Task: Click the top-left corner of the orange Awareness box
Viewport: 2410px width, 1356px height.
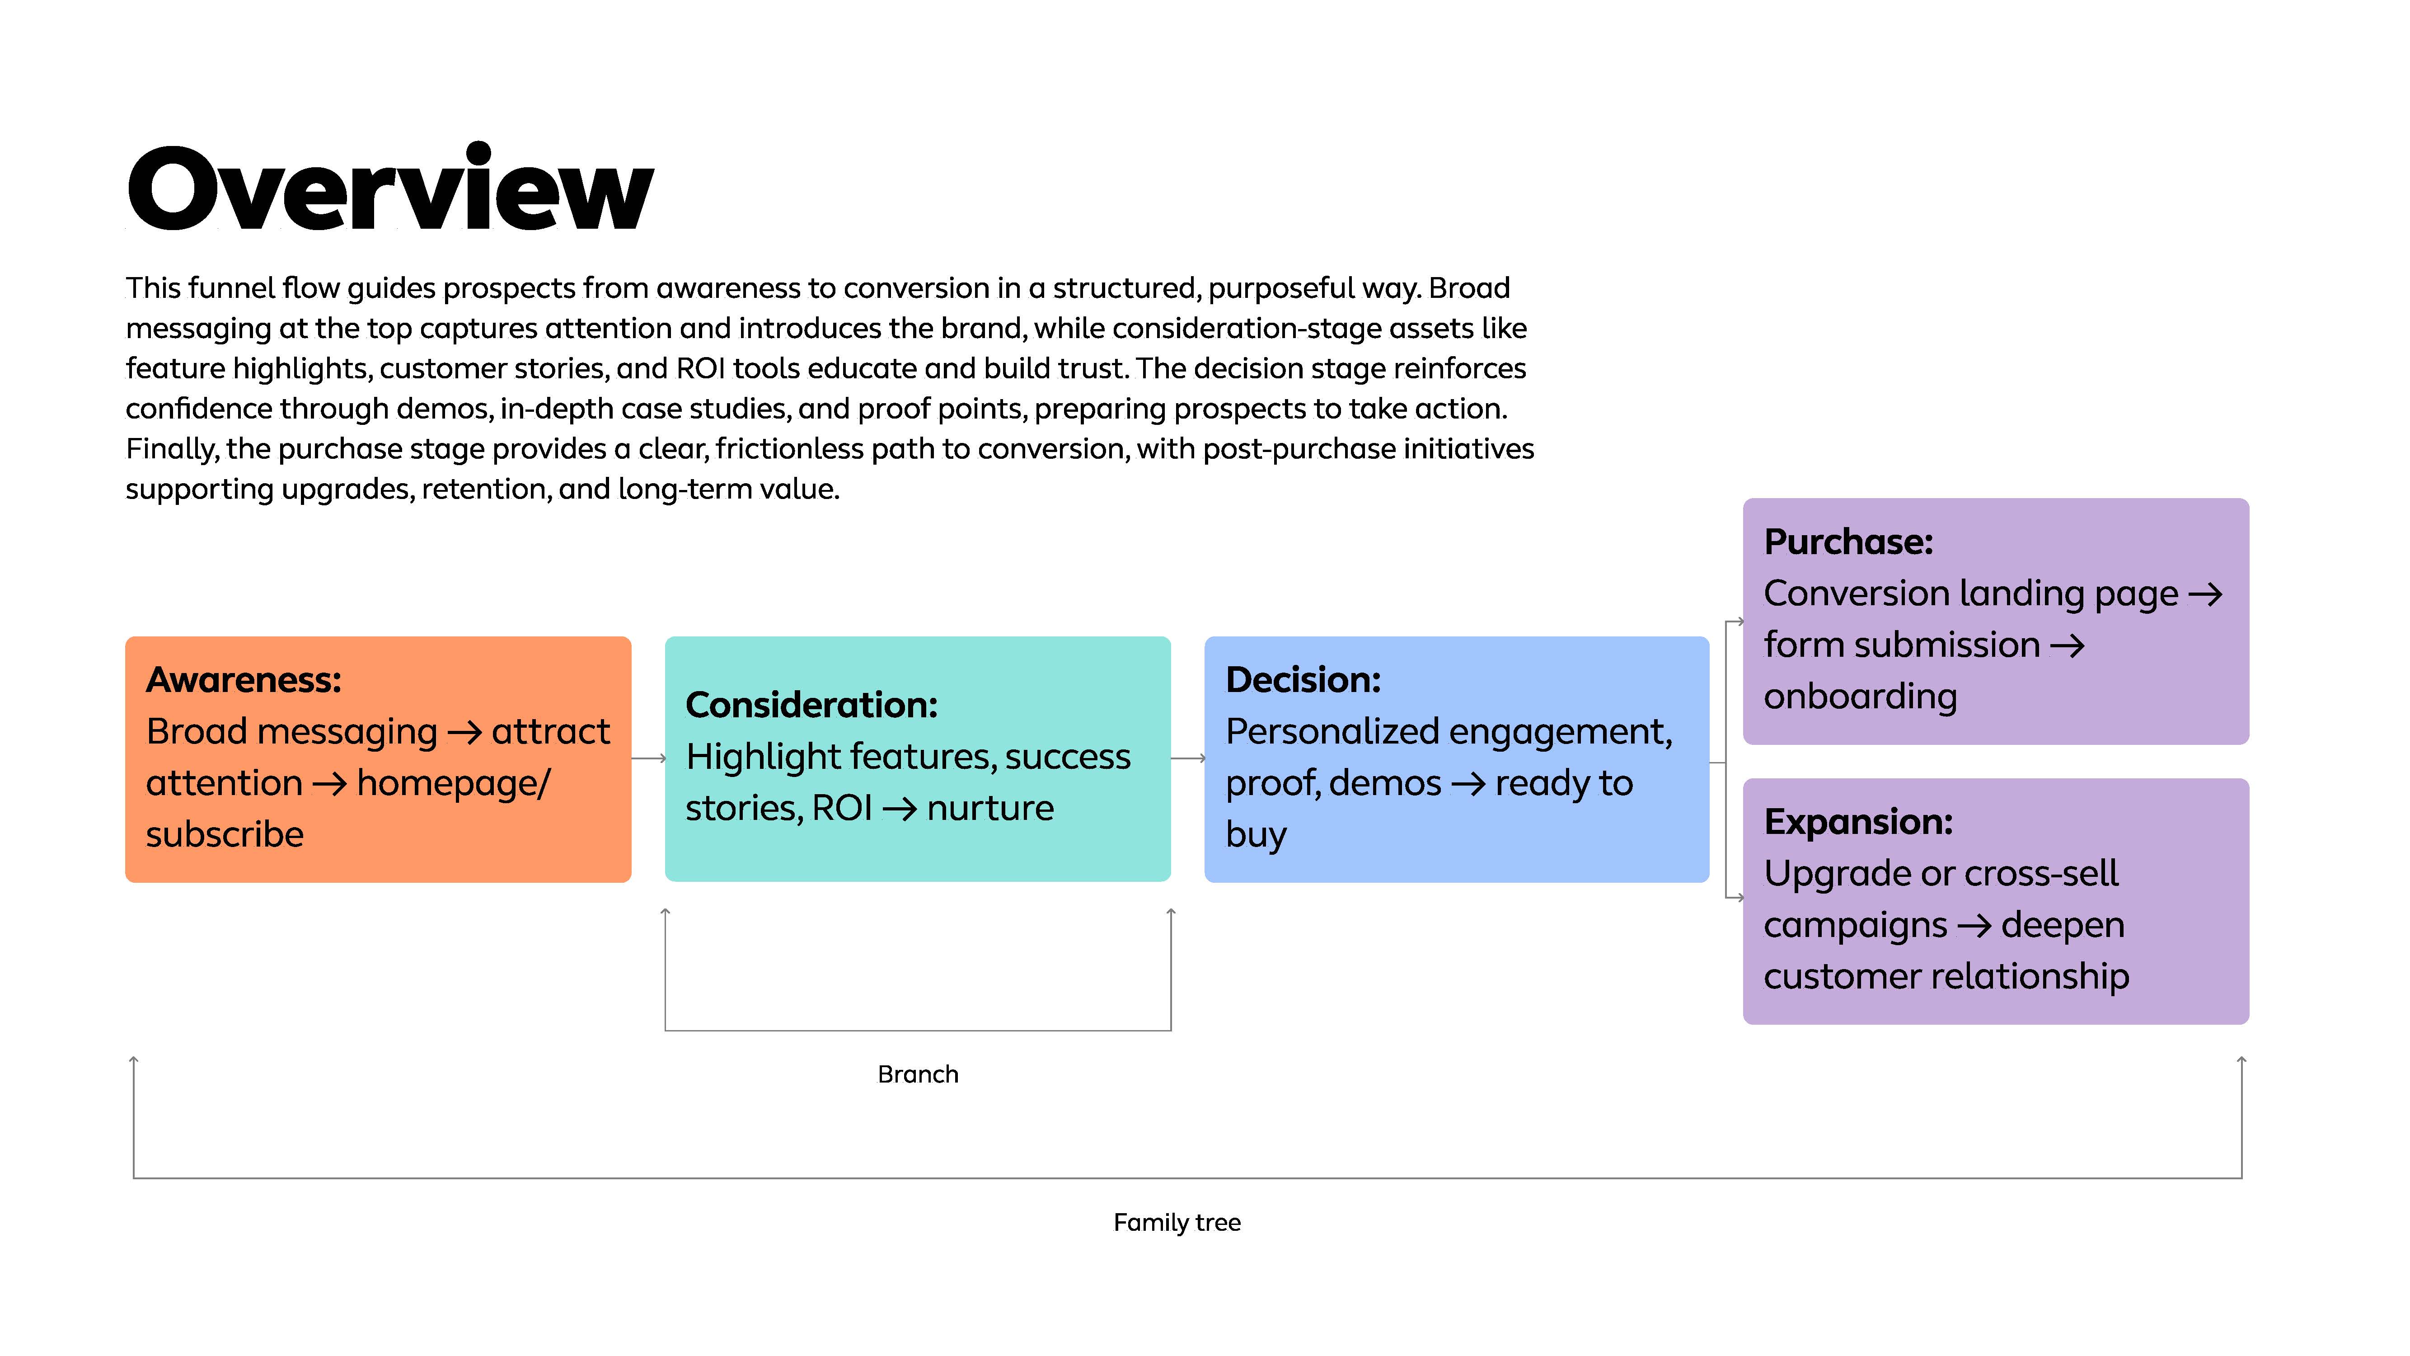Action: click(x=127, y=637)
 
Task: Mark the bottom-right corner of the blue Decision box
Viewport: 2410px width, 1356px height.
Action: click(x=1708, y=881)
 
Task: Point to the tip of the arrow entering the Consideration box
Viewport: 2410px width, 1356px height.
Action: click(x=665, y=758)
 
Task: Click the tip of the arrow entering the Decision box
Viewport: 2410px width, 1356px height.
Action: click(x=1205, y=758)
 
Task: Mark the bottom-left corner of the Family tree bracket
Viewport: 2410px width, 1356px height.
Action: click(x=134, y=1177)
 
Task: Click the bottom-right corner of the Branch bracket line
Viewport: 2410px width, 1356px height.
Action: click(x=1170, y=1031)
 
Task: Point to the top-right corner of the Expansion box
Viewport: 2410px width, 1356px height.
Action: click(x=2248, y=780)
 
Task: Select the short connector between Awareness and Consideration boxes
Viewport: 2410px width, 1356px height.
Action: click(x=648, y=758)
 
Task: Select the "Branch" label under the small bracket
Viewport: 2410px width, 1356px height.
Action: click(x=918, y=1074)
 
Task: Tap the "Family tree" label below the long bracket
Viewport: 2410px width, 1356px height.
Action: click(x=1177, y=1222)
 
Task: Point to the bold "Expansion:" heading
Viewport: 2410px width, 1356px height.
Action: click(x=1858, y=822)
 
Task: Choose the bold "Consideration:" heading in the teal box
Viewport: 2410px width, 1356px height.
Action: click(x=811, y=705)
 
